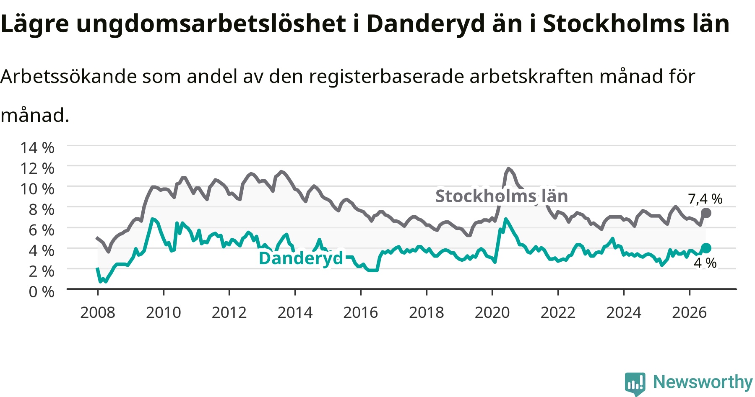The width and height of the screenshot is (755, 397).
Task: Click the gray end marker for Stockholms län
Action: tap(706, 213)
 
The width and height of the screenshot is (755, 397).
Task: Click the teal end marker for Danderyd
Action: tap(706, 248)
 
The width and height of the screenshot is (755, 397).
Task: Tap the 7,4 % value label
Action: tap(705, 199)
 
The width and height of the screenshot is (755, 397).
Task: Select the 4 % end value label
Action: tap(705, 263)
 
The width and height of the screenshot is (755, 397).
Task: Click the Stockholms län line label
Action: tap(502, 196)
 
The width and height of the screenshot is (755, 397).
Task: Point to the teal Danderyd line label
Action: tap(301, 258)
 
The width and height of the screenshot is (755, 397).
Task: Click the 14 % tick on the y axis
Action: tap(37, 147)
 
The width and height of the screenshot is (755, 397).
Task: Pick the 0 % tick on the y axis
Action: tap(42, 291)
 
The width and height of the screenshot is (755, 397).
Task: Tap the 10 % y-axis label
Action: tap(37, 189)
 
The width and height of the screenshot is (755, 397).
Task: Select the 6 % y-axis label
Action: tap(42, 230)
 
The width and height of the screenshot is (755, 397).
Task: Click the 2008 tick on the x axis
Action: tap(98, 312)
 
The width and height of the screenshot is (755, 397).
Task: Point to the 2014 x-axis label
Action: tap(295, 312)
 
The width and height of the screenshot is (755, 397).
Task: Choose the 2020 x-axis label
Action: tap(492, 312)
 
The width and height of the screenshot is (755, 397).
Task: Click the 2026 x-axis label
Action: tap(690, 312)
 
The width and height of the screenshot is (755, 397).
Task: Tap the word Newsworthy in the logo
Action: tap(703, 382)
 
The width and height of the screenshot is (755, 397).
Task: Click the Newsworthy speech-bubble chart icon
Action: tap(635, 383)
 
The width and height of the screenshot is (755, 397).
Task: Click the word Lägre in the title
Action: tap(34, 24)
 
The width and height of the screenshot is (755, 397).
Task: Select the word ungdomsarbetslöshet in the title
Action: tap(211, 24)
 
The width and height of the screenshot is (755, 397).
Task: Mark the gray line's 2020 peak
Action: tap(508, 169)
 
